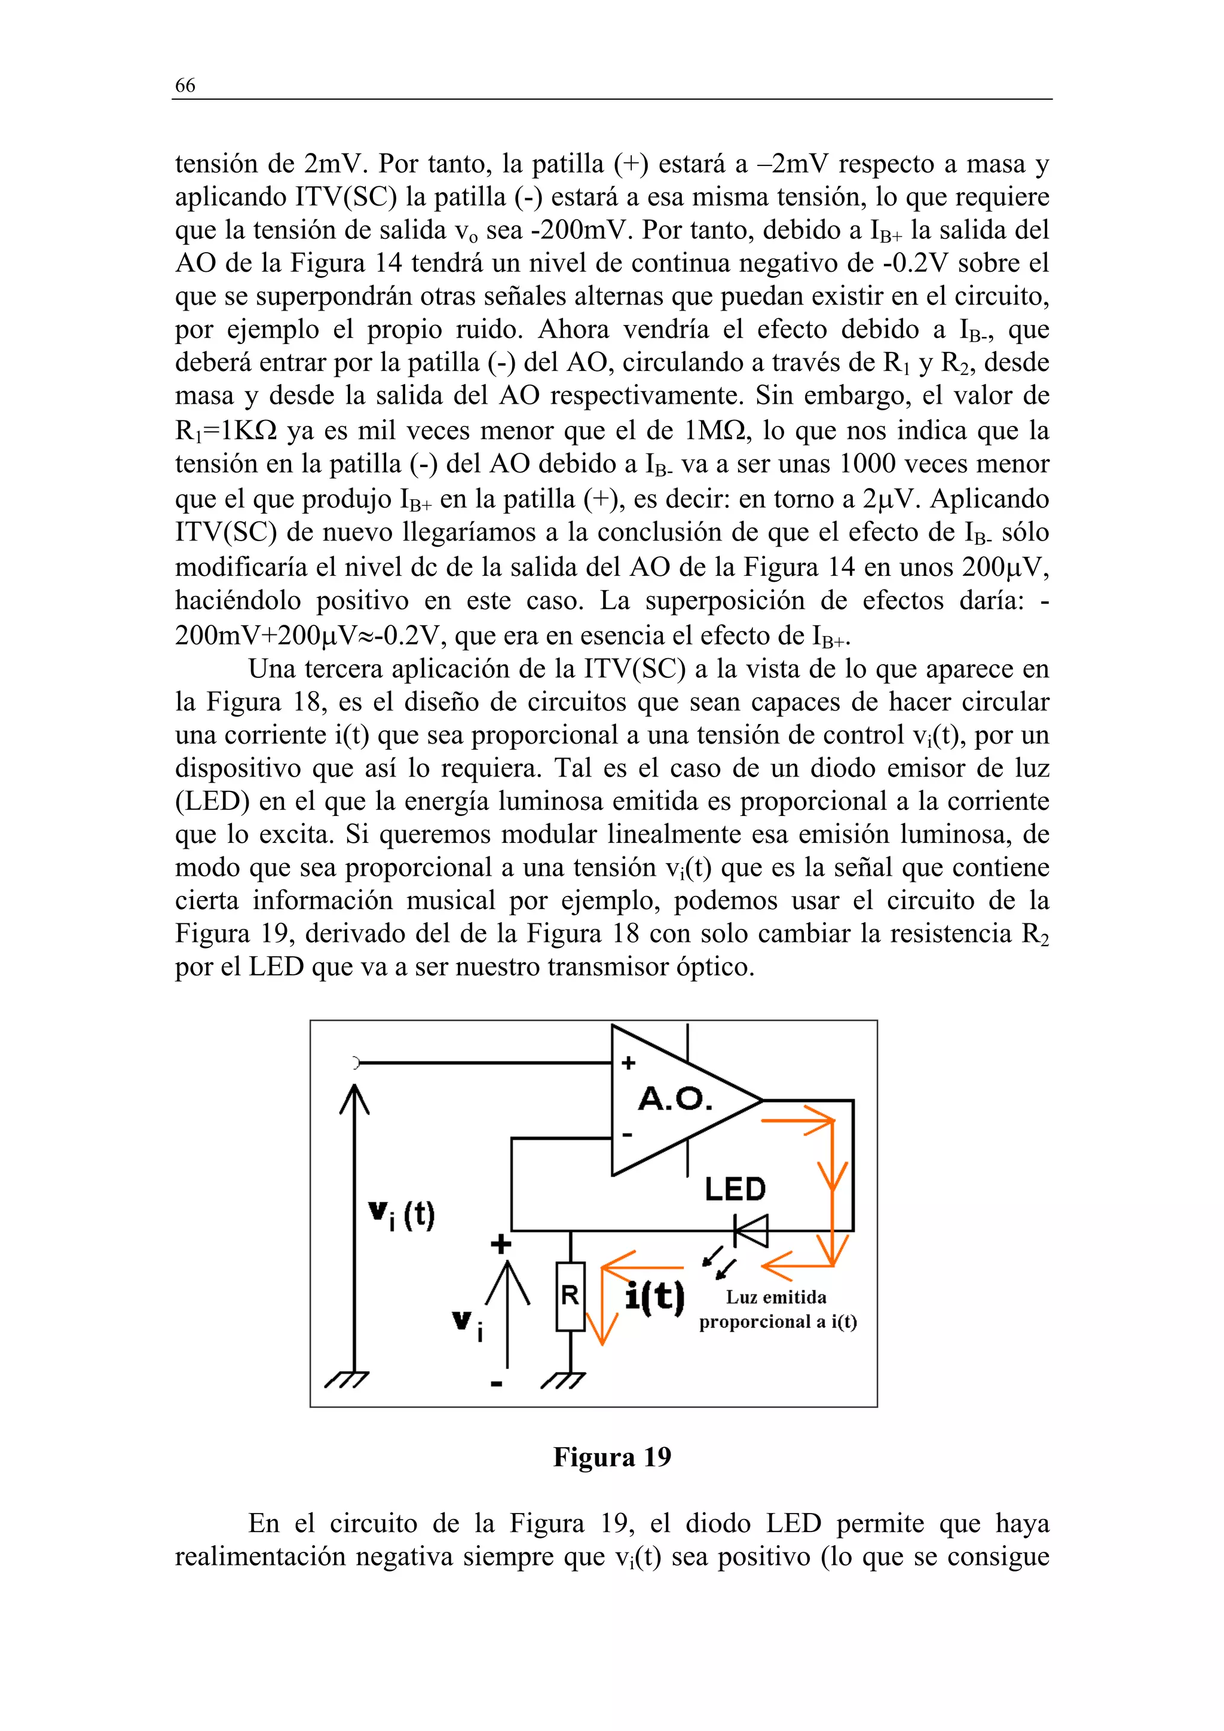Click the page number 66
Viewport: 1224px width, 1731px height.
click(x=185, y=85)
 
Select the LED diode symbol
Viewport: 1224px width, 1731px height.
click(x=751, y=1231)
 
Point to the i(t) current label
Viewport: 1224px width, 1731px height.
click(x=654, y=1297)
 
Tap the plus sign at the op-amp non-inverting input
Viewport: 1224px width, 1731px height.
click(x=628, y=1063)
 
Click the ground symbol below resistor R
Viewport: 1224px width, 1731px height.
click(x=564, y=1380)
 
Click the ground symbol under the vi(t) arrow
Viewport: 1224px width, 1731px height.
click(x=347, y=1380)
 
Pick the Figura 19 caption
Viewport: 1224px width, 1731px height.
click(x=611, y=1457)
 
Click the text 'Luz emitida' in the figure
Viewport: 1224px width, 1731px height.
click(x=776, y=1297)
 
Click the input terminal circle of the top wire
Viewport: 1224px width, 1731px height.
click(x=355, y=1063)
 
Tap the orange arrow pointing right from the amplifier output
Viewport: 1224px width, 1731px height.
click(x=800, y=1121)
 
